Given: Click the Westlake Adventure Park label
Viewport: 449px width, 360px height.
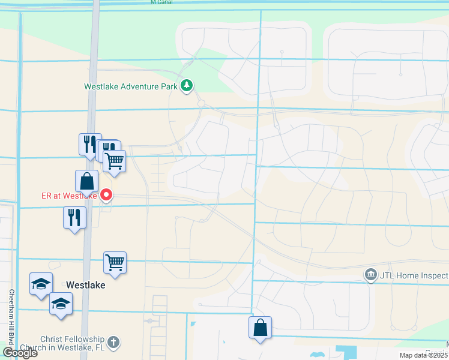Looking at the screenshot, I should tap(130, 86).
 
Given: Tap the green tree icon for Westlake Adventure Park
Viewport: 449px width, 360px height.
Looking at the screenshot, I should tap(187, 86).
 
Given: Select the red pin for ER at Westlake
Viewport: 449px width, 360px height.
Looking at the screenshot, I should tap(106, 194).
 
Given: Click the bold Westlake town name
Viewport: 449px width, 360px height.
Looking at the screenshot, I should tap(86, 285).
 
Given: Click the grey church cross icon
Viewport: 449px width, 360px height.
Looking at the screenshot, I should tap(113, 343).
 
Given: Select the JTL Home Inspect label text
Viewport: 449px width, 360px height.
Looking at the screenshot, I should tap(414, 275).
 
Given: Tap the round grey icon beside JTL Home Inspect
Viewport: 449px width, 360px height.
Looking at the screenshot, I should tap(371, 275).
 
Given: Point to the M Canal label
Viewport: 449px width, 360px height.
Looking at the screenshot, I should tap(162, 2).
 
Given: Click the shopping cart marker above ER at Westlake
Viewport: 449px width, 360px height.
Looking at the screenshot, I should tap(114, 160).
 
